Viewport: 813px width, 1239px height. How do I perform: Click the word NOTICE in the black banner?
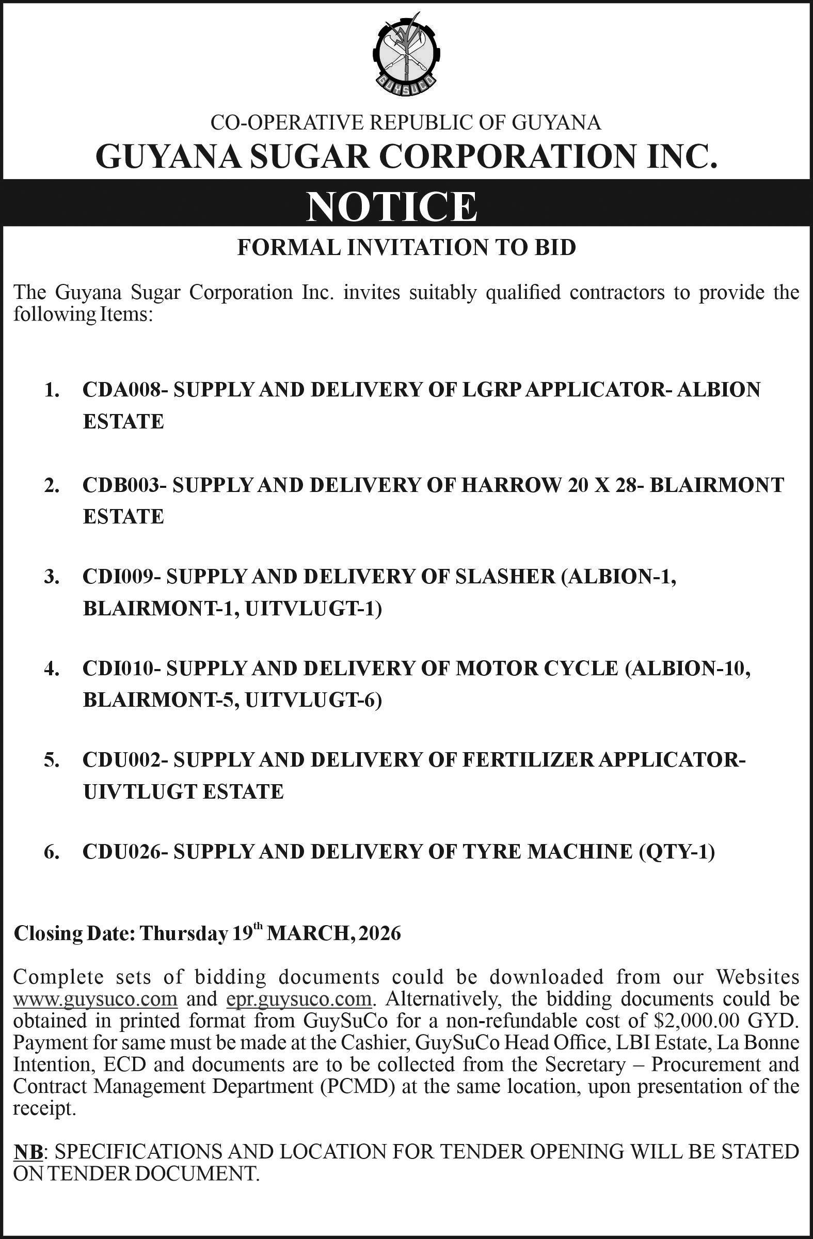coord(391,207)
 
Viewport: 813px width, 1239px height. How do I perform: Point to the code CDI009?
coord(116,577)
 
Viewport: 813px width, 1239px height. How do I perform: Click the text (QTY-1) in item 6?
coord(676,852)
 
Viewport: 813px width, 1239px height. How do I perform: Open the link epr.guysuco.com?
coord(300,999)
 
